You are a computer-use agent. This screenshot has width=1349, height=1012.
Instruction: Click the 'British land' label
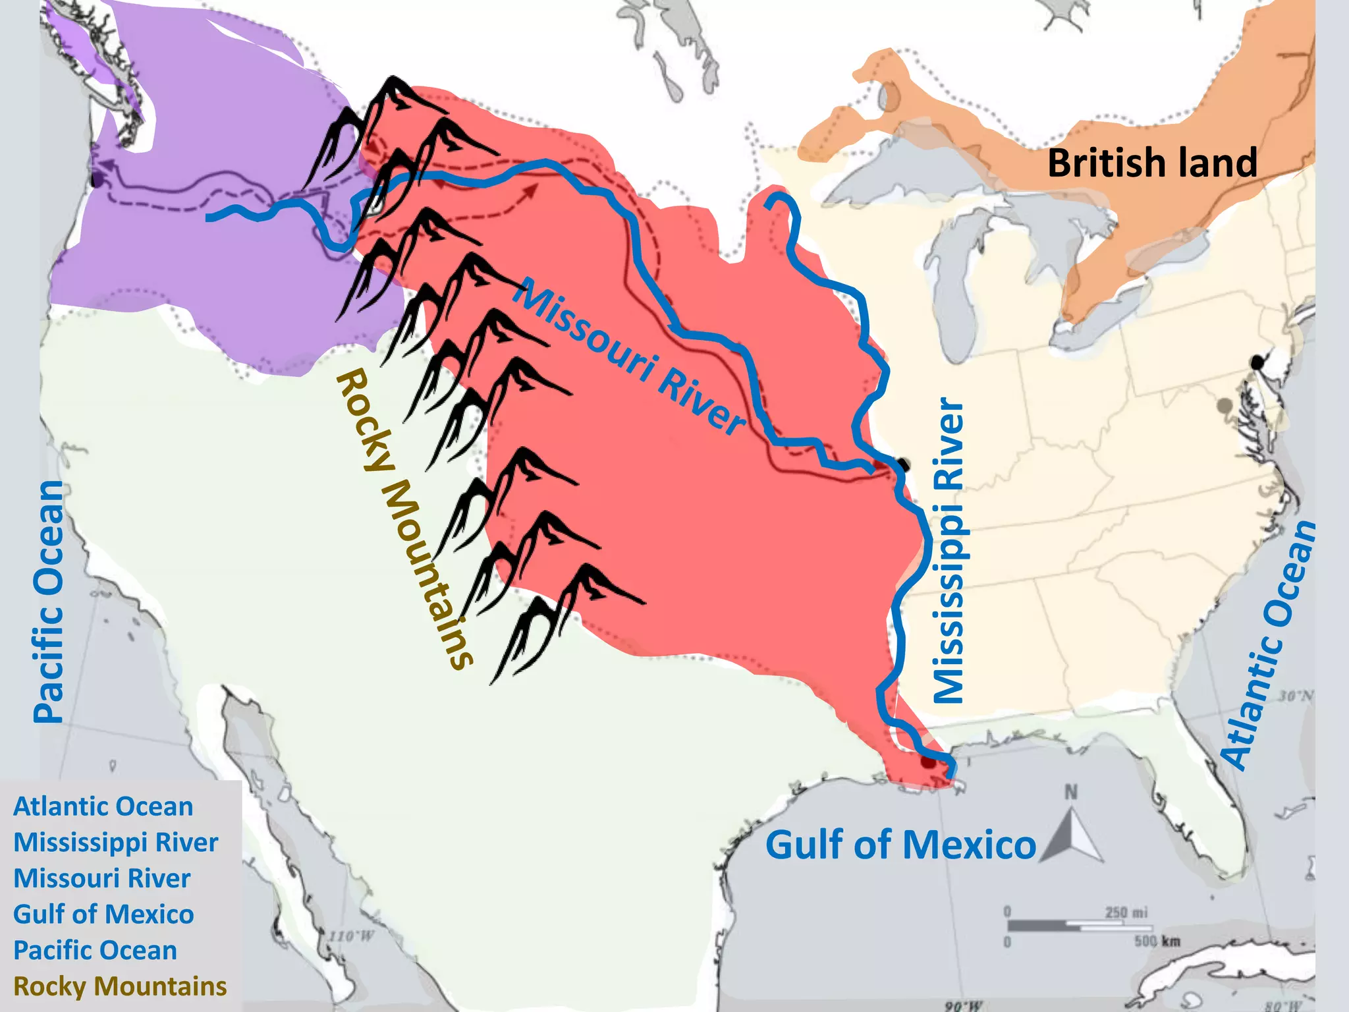click(1152, 162)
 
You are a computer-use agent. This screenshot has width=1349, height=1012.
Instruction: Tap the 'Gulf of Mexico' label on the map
click(900, 845)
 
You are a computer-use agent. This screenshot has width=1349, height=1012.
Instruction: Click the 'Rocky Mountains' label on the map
click(403, 519)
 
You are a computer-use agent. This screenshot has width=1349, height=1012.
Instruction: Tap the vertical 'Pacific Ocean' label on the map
click(49, 601)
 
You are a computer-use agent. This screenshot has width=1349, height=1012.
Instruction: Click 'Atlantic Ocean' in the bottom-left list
click(103, 806)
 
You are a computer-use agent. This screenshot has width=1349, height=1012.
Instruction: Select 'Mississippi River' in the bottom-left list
click(116, 843)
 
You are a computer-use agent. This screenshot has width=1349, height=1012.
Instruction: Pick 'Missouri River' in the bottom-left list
click(102, 878)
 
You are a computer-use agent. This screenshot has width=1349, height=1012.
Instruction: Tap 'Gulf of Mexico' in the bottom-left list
click(103, 914)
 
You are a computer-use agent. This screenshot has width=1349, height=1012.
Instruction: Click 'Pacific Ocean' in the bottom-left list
click(96, 950)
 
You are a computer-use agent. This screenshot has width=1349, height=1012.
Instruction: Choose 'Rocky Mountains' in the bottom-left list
click(120, 986)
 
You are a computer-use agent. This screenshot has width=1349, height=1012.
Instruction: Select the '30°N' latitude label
click(1296, 696)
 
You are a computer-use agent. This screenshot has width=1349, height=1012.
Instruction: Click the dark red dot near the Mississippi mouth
click(928, 762)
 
